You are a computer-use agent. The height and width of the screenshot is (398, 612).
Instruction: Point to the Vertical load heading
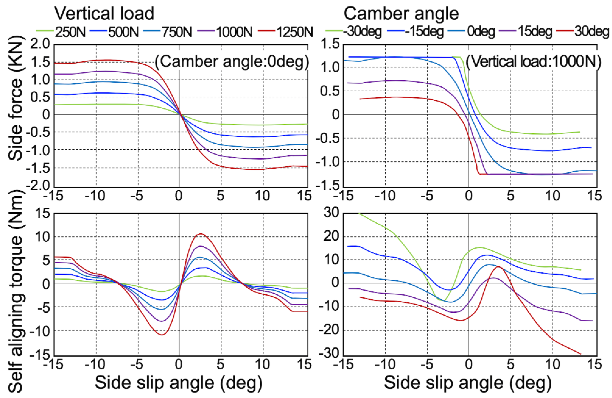(x=104, y=13)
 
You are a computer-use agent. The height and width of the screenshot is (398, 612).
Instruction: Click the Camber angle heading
(x=401, y=13)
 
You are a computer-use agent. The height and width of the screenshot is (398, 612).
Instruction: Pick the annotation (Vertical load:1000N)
(x=534, y=62)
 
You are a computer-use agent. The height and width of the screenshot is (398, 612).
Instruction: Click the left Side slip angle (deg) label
(x=179, y=383)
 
